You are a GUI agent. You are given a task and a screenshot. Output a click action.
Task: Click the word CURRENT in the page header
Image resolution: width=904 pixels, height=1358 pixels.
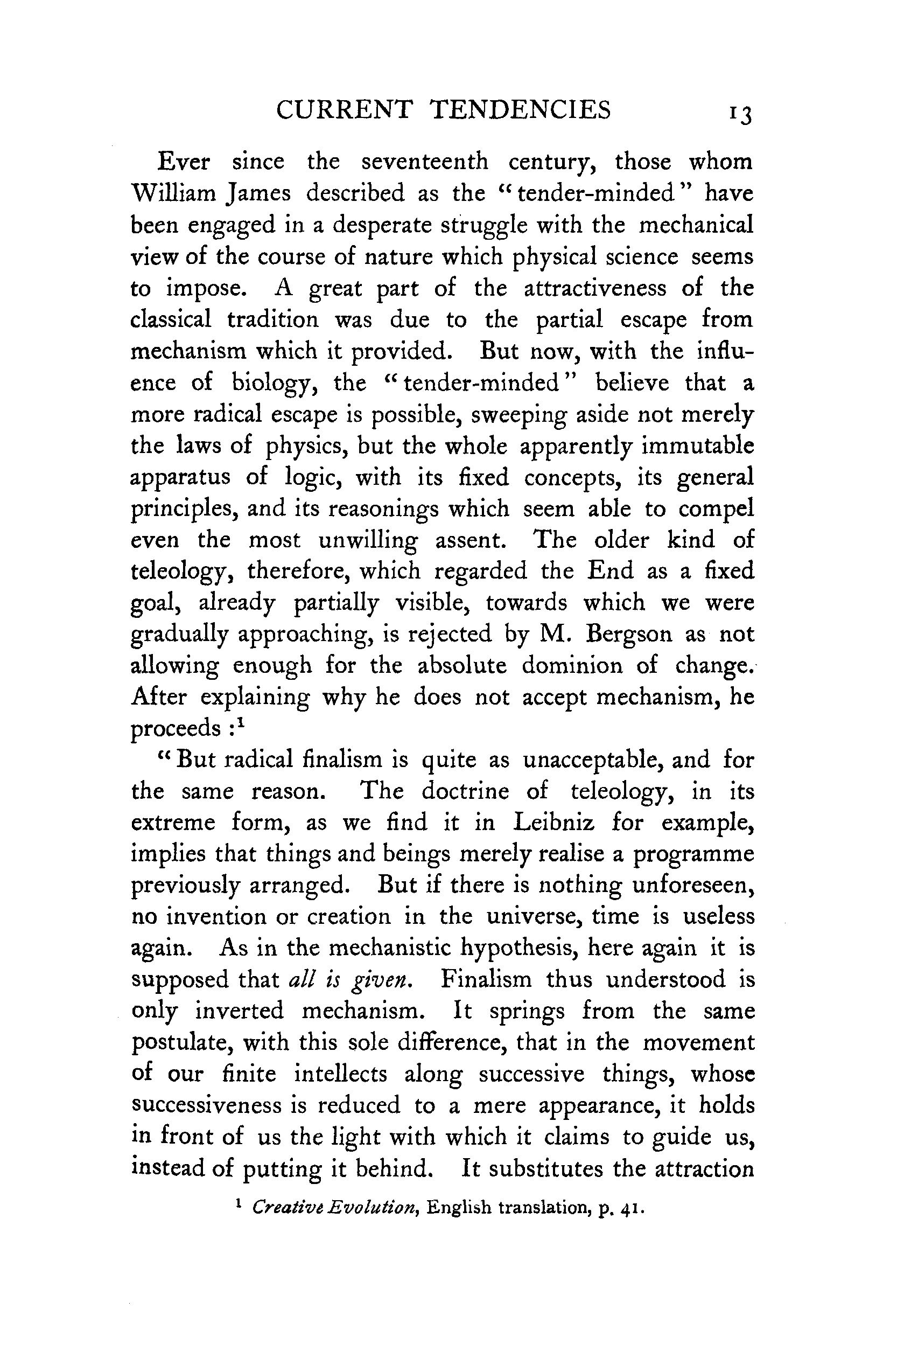coord(344,109)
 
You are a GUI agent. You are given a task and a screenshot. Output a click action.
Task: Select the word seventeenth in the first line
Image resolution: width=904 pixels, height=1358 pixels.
coord(424,162)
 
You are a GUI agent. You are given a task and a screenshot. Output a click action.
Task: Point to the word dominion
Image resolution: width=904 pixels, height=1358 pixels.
coord(572,665)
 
